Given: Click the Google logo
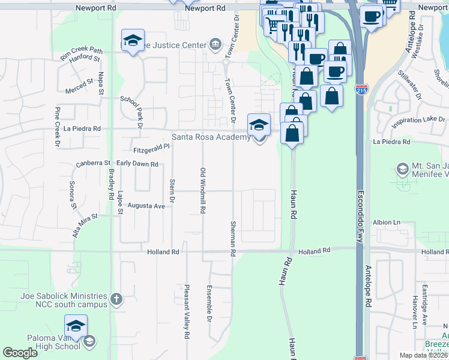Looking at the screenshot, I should point(21,353).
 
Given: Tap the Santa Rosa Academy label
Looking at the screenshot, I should point(211,137).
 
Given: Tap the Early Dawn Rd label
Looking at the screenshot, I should point(137,163).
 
